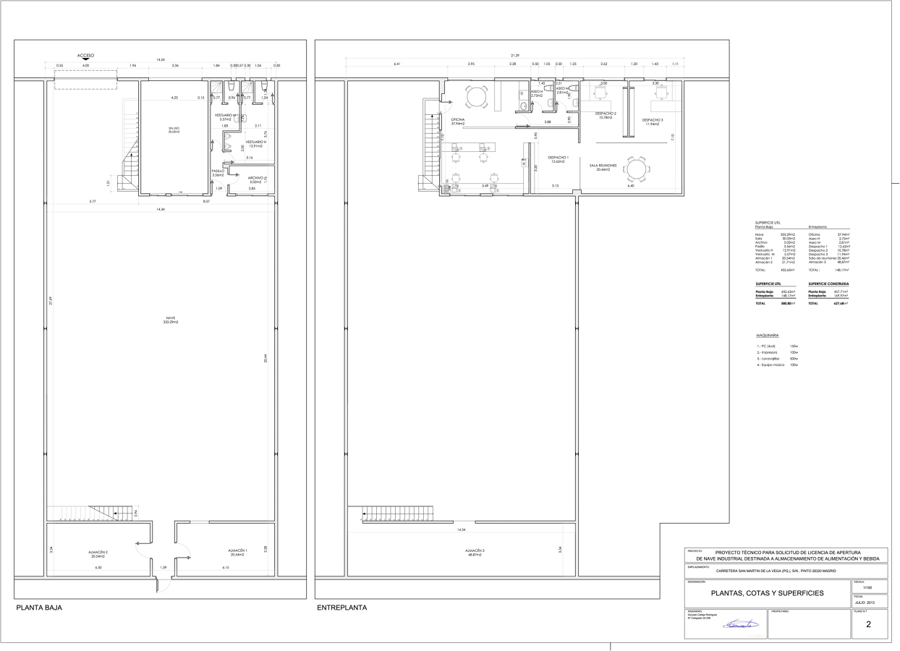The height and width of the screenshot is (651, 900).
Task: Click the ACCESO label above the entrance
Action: (x=85, y=55)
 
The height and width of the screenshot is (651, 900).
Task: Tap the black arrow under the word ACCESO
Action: (x=85, y=61)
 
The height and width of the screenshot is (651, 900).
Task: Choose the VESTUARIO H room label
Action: (x=256, y=143)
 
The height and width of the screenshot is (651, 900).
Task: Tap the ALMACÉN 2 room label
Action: (x=99, y=554)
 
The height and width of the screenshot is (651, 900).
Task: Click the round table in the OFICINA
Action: (x=476, y=97)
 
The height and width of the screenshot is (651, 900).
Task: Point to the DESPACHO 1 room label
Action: (x=558, y=159)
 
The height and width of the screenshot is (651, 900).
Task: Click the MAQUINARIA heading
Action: (x=767, y=336)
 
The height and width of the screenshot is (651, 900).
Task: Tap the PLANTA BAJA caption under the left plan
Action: (x=39, y=608)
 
